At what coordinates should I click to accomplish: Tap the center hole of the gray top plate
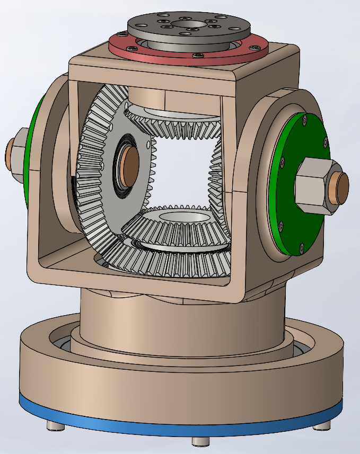tap(188, 24)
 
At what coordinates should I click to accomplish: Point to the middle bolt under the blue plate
tap(199, 441)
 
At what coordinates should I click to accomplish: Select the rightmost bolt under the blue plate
tap(321, 425)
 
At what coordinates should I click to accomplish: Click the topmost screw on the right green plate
tap(304, 121)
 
